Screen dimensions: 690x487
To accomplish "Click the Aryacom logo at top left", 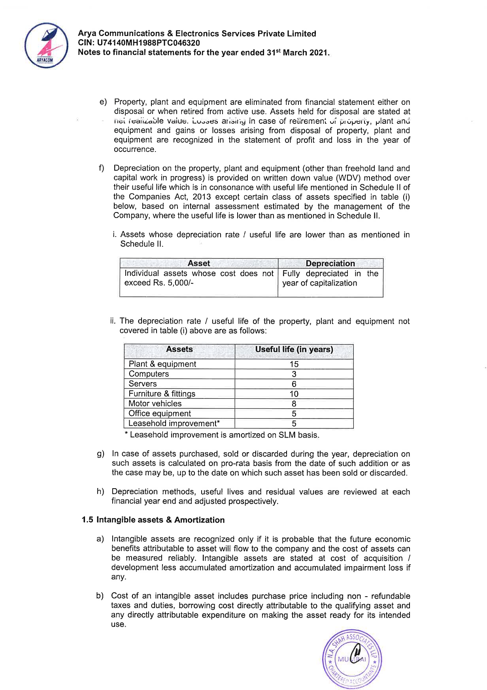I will tap(43, 45).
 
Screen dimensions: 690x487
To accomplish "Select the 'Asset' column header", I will tap(198, 263).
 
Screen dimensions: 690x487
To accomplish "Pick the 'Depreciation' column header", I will tap(330, 263).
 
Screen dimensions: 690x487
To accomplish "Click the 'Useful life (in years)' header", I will tap(294, 349).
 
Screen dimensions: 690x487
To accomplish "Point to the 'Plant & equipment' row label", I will tap(162, 364).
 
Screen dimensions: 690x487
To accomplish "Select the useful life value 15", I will tap(294, 364).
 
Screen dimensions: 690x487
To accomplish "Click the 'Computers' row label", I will tap(149, 374).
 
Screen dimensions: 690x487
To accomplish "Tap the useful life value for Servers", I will tap(294, 384).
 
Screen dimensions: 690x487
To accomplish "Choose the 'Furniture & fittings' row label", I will tap(162, 394).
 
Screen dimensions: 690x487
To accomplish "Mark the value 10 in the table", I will tap(294, 394).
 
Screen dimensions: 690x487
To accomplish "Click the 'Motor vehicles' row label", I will tap(155, 404).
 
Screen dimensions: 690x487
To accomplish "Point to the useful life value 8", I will tap(294, 404).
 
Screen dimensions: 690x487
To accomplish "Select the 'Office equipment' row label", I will tap(159, 413).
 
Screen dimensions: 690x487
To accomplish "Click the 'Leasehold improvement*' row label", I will tap(174, 423).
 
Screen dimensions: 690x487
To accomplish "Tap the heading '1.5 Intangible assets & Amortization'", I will tap(153, 520).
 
